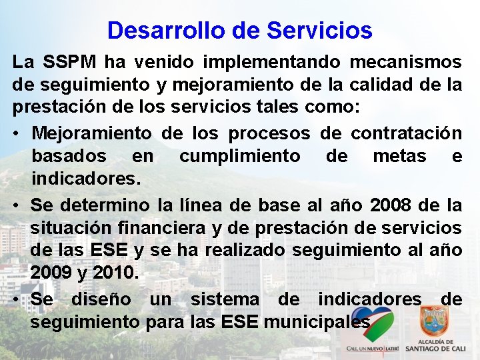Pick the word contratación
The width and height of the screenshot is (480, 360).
(406, 133)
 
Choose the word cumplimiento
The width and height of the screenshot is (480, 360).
(240, 157)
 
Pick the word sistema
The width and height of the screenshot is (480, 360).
(224, 299)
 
